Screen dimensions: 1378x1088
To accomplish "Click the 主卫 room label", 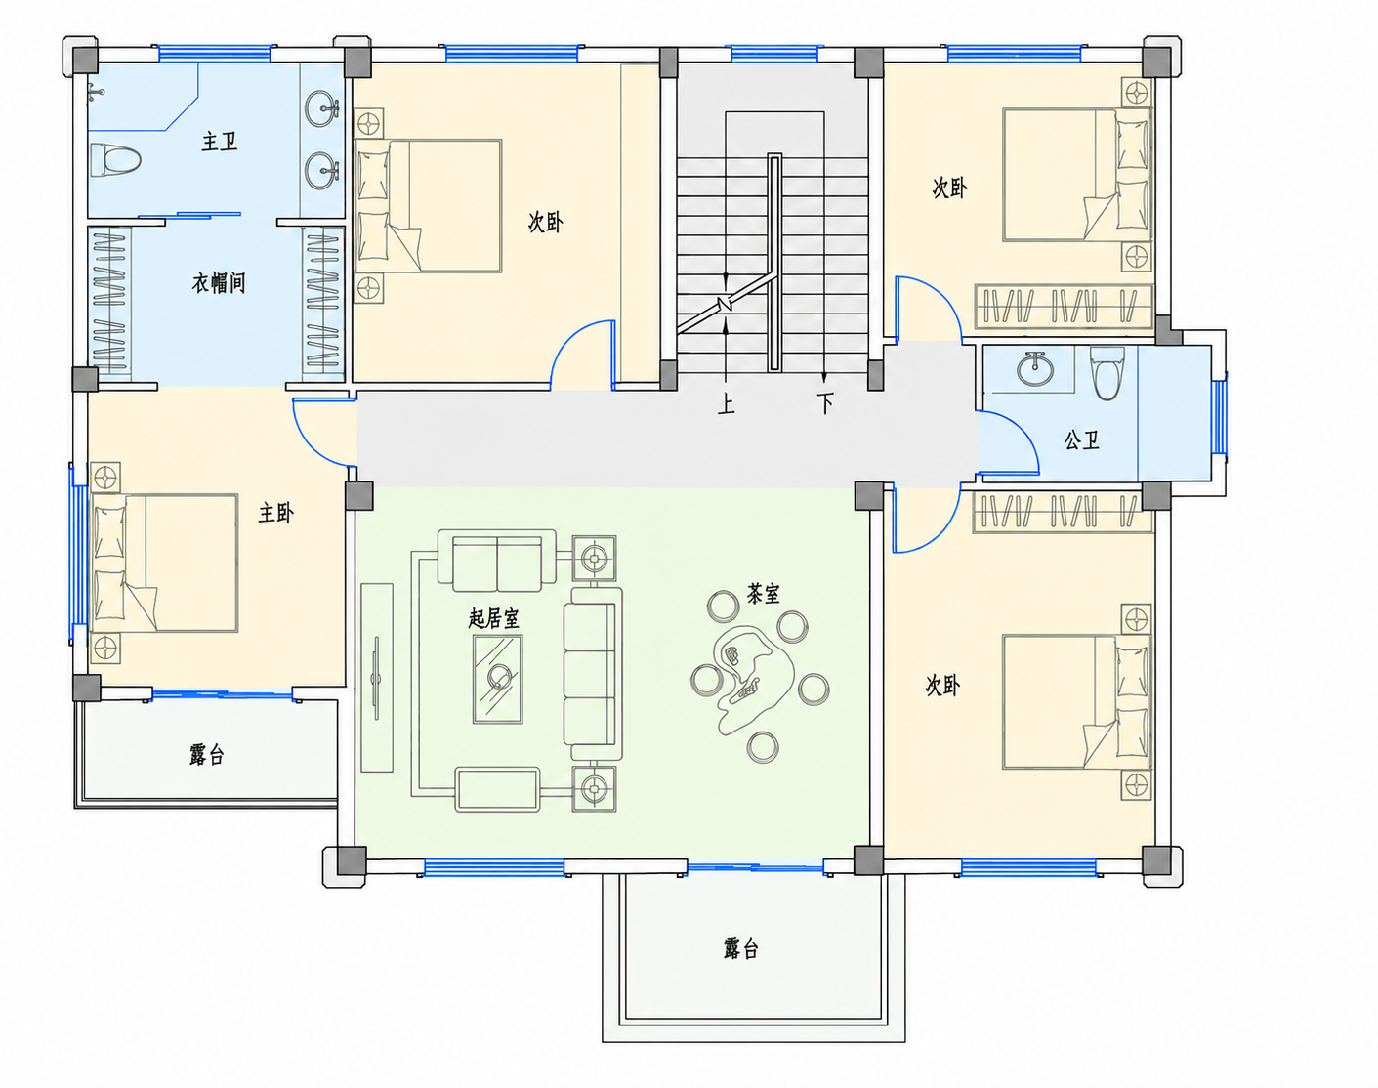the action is click(220, 142).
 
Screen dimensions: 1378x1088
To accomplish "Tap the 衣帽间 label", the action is click(219, 282).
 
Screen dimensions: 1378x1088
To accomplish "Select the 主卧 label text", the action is click(276, 513).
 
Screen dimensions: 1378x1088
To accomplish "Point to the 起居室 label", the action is click(493, 618).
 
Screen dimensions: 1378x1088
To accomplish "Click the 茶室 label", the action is click(764, 594).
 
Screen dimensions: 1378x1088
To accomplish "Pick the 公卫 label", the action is click(1081, 439).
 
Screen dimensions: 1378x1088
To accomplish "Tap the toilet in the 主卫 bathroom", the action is click(115, 160).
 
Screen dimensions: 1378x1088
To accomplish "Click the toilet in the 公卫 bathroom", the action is click(1107, 373).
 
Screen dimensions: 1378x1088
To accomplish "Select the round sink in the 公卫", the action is click(1035, 369).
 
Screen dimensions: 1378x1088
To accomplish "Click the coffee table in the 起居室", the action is click(497, 680).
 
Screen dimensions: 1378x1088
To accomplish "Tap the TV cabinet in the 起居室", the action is click(377, 678).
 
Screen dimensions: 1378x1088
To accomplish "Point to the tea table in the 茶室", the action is click(752, 681).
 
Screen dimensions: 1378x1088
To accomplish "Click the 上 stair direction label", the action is click(726, 404).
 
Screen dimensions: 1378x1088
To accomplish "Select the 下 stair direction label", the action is click(825, 404).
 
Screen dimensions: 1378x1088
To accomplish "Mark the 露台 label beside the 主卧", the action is click(207, 755).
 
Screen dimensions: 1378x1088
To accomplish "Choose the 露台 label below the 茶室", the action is click(741, 948).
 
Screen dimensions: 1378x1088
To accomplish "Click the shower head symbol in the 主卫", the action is click(96, 94).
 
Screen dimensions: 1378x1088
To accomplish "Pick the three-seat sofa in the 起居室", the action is click(593, 674).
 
